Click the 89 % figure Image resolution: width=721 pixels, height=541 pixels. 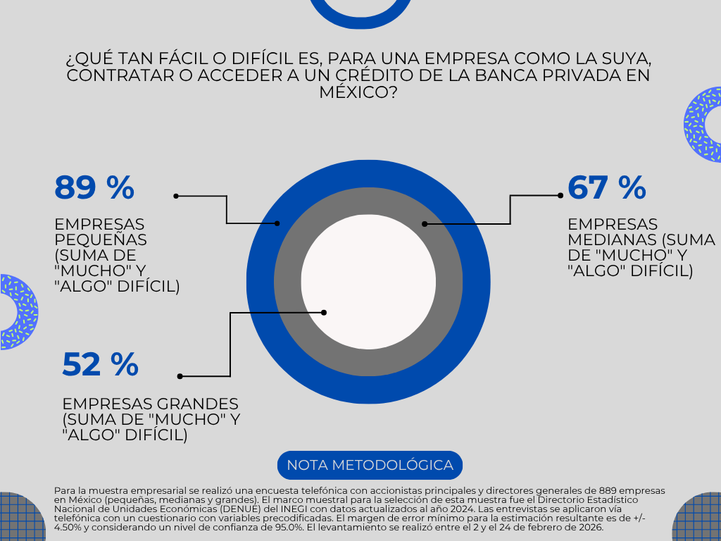coord(94,188)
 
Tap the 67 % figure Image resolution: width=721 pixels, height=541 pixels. coord(606,188)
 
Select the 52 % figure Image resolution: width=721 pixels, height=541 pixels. coord(100,364)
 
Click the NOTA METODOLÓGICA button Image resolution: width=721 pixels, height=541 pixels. coord(370,466)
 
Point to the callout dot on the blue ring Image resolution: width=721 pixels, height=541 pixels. coord(277,223)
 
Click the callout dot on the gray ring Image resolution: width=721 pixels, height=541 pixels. coord(425,224)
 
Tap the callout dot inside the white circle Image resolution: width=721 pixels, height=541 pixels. coord(325,312)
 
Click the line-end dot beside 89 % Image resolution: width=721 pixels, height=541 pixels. coord(176,196)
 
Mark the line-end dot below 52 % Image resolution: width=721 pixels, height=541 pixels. coord(180,376)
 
